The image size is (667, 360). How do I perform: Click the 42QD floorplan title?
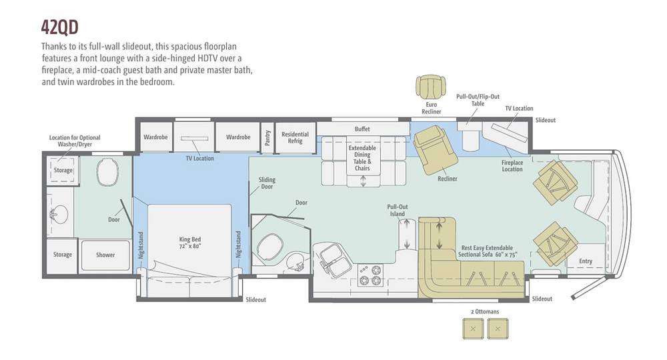(x=60, y=27)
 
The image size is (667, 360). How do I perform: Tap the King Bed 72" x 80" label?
(x=189, y=242)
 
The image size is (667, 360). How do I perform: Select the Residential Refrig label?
(x=295, y=137)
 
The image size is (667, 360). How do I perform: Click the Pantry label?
(x=267, y=137)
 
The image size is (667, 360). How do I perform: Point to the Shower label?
(x=105, y=255)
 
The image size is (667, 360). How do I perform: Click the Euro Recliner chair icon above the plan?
(x=432, y=86)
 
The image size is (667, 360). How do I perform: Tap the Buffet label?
(x=362, y=129)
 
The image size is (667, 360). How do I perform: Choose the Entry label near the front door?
(x=586, y=261)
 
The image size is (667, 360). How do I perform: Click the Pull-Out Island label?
(x=398, y=210)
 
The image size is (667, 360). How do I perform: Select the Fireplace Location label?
(x=512, y=166)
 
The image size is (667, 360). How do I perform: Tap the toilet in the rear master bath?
(x=107, y=172)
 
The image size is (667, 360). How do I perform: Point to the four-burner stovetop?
(x=370, y=275)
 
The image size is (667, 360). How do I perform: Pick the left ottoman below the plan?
(x=473, y=329)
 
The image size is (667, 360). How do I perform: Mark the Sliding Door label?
(x=267, y=183)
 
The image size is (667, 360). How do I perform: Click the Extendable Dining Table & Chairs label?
(x=362, y=158)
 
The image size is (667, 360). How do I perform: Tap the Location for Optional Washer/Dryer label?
(x=75, y=141)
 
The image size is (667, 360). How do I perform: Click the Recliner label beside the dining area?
(x=448, y=179)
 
